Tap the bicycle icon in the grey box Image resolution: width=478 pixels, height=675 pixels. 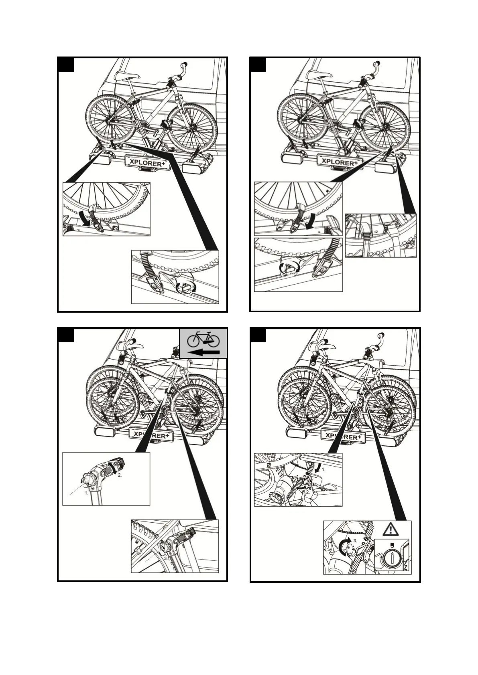click(x=203, y=339)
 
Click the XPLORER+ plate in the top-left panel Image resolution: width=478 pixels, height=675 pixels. click(x=147, y=162)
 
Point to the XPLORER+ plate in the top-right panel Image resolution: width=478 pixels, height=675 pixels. click(x=340, y=162)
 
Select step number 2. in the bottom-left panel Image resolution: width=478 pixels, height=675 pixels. click(x=120, y=475)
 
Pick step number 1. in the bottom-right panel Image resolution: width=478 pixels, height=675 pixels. click(x=324, y=468)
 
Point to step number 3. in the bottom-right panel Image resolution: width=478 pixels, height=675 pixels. click(x=355, y=541)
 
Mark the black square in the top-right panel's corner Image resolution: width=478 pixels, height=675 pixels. click(x=258, y=65)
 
